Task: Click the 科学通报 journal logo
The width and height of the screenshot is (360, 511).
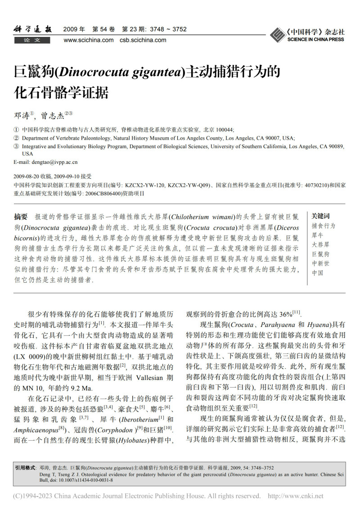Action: coord(32,30)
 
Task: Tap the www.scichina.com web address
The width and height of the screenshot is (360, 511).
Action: coord(89,40)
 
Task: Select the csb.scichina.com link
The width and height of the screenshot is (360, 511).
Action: coord(143,40)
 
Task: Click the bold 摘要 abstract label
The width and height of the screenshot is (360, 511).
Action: coord(21,216)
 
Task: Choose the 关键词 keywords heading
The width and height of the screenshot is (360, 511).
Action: coord(320,216)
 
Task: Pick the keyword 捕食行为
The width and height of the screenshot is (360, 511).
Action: coord(323,226)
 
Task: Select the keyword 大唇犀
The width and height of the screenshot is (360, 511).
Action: coord(320,244)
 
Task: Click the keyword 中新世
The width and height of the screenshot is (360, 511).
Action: coord(320,263)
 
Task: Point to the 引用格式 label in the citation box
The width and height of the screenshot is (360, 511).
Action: coord(25,468)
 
